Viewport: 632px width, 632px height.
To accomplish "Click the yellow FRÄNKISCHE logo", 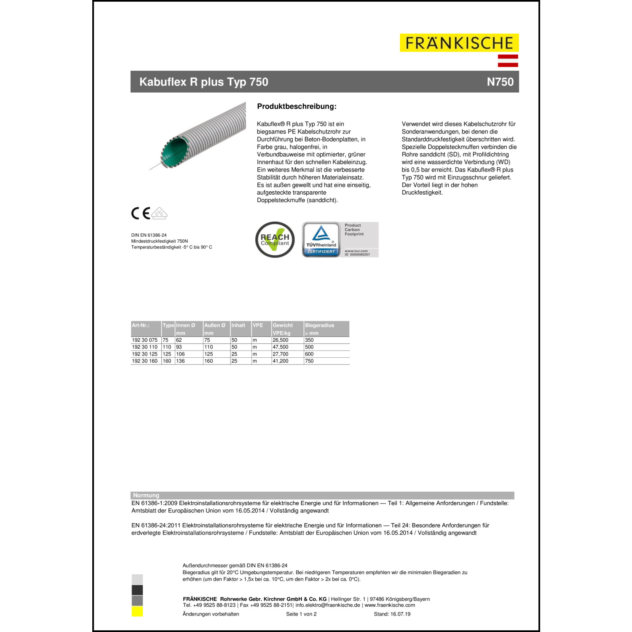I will click(459, 43).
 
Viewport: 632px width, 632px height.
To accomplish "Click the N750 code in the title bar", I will click(500, 82).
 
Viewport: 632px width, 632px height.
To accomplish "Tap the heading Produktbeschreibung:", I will click(297, 107).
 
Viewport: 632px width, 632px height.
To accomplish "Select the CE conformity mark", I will click(141, 214).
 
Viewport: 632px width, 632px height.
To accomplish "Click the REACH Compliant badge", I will click(275, 240).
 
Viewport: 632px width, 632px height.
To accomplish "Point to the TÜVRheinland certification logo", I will click(321, 240).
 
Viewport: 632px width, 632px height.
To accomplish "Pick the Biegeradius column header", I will click(319, 325).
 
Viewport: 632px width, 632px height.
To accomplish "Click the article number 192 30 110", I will click(145, 347).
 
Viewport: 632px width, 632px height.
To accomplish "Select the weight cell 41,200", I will click(281, 361).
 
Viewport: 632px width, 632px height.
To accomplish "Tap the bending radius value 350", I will click(309, 340).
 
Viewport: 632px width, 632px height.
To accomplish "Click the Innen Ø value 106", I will click(180, 354).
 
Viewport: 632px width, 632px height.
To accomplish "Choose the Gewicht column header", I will click(283, 325).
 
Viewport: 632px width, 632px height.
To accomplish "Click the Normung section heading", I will click(146, 495).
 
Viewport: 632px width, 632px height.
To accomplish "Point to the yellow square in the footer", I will click(137, 611).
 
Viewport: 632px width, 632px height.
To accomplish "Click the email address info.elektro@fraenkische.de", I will click(327, 605).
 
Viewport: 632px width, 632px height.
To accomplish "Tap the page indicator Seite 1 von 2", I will click(301, 614).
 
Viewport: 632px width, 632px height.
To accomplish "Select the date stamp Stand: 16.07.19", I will click(392, 614).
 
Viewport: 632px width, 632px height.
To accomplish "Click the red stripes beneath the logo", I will click(508, 61).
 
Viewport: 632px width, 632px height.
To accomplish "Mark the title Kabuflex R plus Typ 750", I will click(204, 82).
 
